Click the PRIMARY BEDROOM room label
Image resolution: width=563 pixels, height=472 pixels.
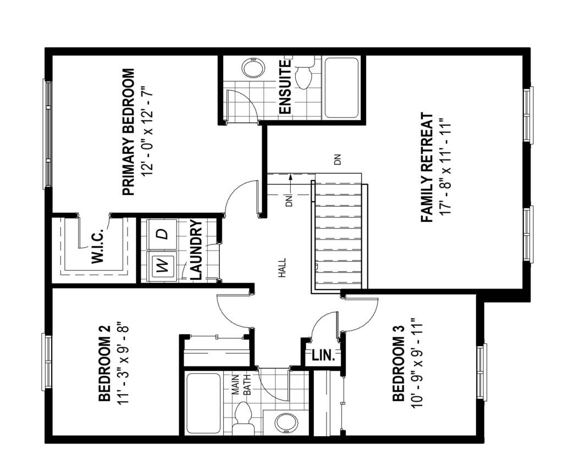click(x=129, y=132)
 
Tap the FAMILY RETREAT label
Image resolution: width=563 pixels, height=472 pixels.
click(x=427, y=168)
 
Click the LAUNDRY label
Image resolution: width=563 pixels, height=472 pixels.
click(x=197, y=249)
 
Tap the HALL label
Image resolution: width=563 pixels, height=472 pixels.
click(x=283, y=268)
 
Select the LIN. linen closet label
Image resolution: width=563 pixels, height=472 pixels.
click(x=323, y=356)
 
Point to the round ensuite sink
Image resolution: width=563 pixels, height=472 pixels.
click(x=253, y=68)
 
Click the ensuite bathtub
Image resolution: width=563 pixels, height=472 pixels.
click(x=341, y=87)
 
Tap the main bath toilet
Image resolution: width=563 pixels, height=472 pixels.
click(x=242, y=418)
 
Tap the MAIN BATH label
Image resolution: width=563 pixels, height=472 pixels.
click(x=241, y=385)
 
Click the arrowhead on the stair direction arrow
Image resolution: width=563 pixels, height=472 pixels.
click(x=290, y=176)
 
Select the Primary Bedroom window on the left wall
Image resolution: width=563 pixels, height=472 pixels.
click(x=47, y=134)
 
